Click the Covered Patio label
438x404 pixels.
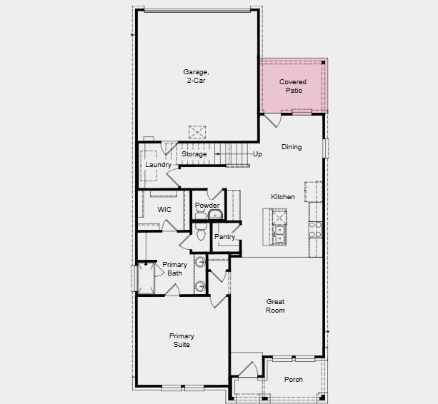(293, 86)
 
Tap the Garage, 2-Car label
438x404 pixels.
(196, 76)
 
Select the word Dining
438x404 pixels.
(292, 147)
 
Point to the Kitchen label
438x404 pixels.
(283, 197)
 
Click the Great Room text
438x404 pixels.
(276, 305)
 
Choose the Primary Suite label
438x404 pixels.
(181, 340)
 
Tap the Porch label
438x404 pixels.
(294, 380)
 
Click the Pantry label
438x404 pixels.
(225, 237)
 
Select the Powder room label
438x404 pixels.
(207, 206)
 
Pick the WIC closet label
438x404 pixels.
(164, 210)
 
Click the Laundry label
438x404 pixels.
(158, 165)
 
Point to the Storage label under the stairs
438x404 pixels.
(194, 154)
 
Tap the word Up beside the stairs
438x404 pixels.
(257, 154)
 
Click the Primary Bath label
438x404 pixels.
(174, 268)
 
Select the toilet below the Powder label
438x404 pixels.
(201, 233)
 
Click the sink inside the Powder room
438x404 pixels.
(215, 215)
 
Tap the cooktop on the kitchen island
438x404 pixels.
(278, 217)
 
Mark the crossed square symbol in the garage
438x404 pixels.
(197, 132)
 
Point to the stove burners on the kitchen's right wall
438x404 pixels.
(314, 228)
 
